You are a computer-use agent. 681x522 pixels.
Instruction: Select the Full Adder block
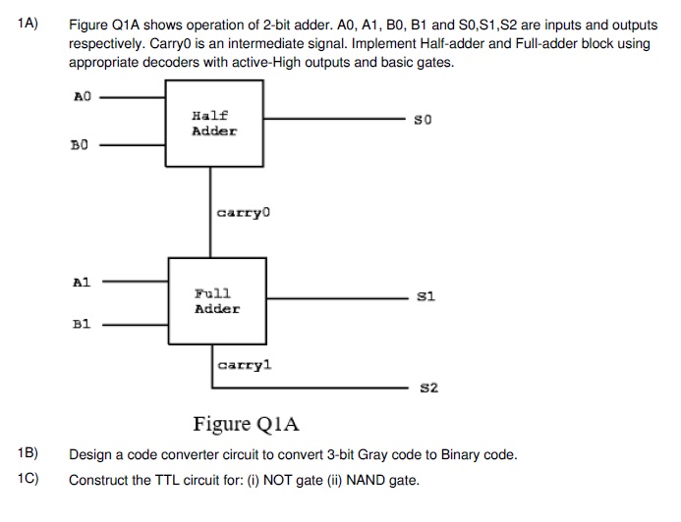tap(216, 300)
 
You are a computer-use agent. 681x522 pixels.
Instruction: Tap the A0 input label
tap(82, 96)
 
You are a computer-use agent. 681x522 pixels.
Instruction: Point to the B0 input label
tap(81, 145)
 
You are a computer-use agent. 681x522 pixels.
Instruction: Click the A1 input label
tap(82, 282)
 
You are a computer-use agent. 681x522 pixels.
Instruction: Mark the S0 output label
tap(424, 120)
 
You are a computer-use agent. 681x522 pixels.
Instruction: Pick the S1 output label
tap(426, 295)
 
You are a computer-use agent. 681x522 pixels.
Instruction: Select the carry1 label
tap(245, 365)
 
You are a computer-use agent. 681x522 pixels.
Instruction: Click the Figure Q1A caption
tap(246, 424)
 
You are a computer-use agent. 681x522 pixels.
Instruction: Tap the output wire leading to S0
tap(334, 120)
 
